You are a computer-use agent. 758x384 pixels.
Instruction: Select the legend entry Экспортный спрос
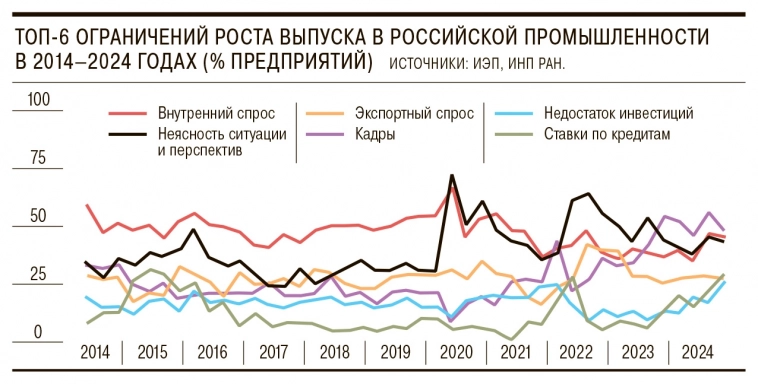pyautogui.click(x=399, y=113)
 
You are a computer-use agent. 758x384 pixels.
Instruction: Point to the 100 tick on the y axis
pyautogui.click(x=39, y=101)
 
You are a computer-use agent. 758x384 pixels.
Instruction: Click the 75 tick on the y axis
pyautogui.click(x=39, y=158)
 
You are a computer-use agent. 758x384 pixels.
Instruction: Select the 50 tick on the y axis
pyautogui.click(x=39, y=216)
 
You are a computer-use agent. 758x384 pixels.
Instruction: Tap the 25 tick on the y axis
pyautogui.click(x=39, y=274)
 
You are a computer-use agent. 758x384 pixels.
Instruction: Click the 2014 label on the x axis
pyautogui.click(x=94, y=353)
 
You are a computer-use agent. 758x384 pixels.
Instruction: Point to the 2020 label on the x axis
pyautogui.click(x=455, y=353)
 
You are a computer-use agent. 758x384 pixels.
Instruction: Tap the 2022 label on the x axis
pyautogui.click(x=576, y=353)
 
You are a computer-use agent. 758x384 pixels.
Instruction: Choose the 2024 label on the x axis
pyautogui.click(x=696, y=353)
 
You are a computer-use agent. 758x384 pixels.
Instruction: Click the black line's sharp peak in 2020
pyautogui.click(x=452, y=176)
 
